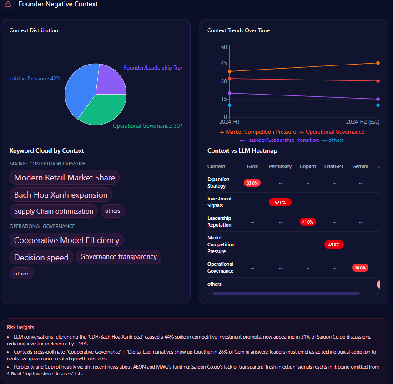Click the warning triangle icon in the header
8,4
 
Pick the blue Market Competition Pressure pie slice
80,91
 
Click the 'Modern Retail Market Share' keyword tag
65,178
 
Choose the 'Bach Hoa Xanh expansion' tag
61,195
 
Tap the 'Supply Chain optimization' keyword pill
54,211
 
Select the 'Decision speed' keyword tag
41,258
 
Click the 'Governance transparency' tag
119,257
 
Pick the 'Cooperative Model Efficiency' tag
67,240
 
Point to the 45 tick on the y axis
223,63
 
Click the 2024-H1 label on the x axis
230,122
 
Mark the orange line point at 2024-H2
378,63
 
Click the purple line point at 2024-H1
230,93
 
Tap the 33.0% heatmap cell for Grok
252,183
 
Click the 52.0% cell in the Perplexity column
280,202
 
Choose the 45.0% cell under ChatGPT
334,244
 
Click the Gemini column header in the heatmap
360,166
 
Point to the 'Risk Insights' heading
20,327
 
